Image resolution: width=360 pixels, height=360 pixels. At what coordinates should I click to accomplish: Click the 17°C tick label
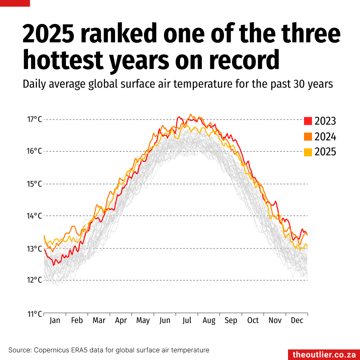(x=34, y=119)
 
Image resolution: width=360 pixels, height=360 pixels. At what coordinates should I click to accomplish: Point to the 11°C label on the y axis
(x=34, y=313)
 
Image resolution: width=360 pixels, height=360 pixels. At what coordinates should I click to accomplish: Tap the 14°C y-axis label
(x=34, y=216)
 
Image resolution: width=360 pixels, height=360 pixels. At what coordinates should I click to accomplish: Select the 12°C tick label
(x=34, y=280)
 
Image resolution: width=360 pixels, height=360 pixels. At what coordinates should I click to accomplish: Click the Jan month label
(x=55, y=320)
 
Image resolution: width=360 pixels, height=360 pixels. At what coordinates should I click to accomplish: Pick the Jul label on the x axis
(x=187, y=320)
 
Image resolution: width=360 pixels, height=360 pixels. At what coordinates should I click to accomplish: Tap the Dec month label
(x=297, y=320)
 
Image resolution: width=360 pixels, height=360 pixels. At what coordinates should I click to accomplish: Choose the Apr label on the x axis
(x=121, y=320)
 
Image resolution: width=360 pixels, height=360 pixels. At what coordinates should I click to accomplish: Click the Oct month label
(x=253, y=320)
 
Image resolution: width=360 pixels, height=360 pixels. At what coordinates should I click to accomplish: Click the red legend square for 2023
(x=308, y=121)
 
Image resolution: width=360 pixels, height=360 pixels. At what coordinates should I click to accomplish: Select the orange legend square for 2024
(x=308, y=136)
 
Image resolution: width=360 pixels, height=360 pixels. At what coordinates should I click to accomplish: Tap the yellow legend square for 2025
(x=308, y=152)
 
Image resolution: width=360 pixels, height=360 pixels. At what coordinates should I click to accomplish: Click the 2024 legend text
(x=325, y=136)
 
